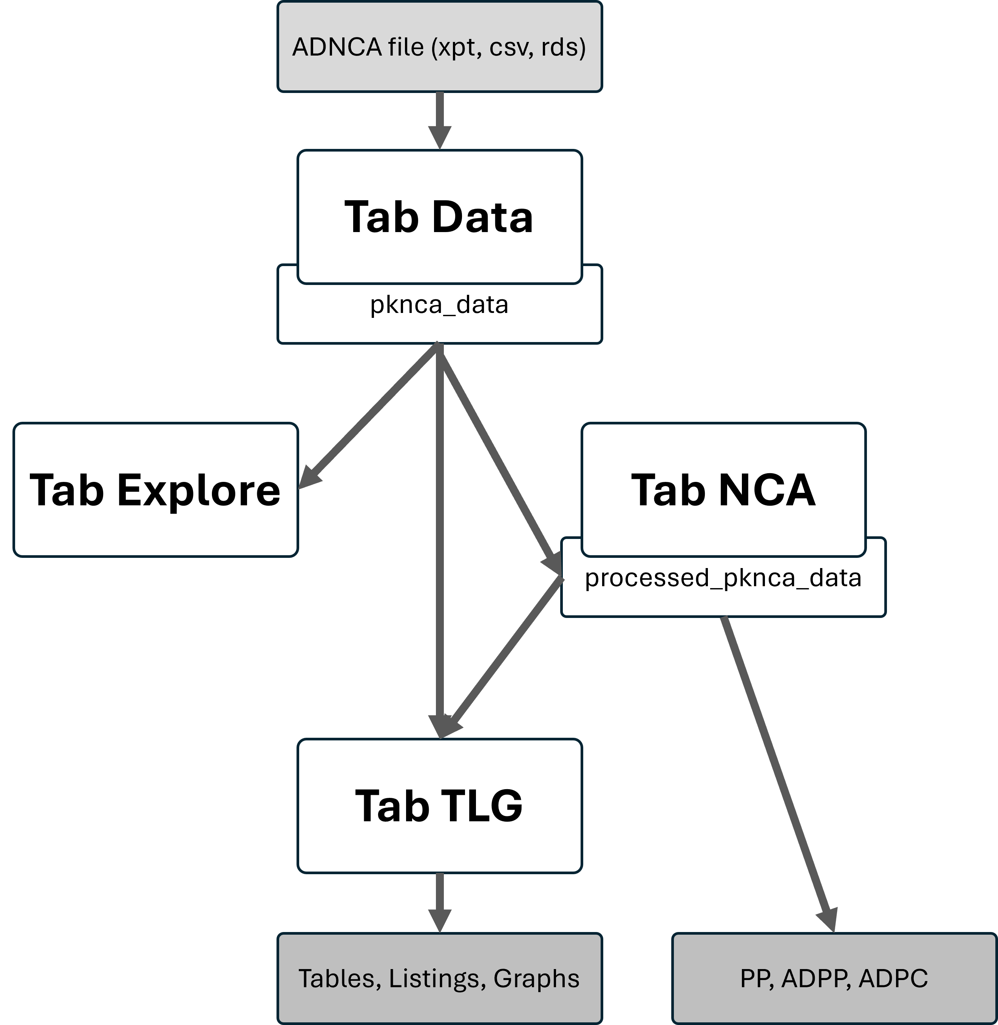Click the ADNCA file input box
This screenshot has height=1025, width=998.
(x=439, y=47)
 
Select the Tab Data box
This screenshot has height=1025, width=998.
(x=439, y=217)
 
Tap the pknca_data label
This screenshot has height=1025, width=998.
(x=439, y=305)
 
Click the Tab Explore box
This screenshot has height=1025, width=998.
(x=155, y=489)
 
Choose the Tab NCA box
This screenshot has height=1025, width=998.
(x=723, y=489)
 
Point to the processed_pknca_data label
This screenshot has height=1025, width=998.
(x=723, y=578)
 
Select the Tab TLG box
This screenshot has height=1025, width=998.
(x=439, y=806)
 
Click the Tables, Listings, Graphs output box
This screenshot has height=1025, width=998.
(x=439, y=978)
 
